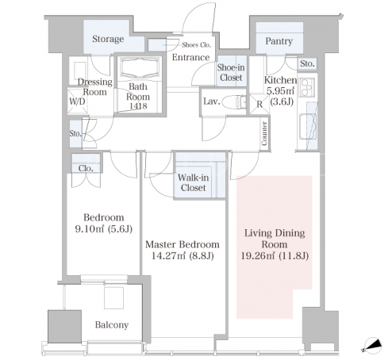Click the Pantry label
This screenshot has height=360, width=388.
[279, 41]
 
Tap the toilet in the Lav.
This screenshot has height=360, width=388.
[234, 101]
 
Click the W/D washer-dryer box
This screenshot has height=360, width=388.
[77, 101]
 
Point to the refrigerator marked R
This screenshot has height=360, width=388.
[259, 104]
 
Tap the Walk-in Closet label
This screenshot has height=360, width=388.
[194, 182]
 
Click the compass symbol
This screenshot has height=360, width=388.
[373, 345]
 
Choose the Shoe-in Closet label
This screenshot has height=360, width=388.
[231, 72]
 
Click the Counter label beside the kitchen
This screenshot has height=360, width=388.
[264, 133]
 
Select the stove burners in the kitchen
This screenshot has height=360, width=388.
[307, 86]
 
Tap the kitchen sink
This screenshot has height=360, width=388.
[308, 127]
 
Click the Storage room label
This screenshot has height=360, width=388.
[108, 39]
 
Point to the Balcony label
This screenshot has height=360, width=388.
[112, 324]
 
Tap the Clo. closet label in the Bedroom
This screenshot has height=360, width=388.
[86, 168]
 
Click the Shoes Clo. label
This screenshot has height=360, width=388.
[196, 45]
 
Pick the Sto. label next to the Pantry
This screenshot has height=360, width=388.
[307, 63]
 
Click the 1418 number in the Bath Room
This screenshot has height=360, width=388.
[138, 106]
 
